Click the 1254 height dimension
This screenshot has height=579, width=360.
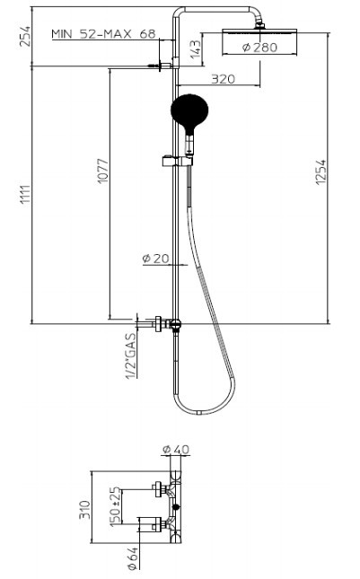point(320,172)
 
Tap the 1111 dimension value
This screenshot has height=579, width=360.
point(25,196)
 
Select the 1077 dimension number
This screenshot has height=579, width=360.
point(103,171)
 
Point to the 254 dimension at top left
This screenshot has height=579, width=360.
point(25,36)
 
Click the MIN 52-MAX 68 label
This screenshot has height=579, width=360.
point(104,34)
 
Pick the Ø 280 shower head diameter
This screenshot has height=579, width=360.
point(259,48)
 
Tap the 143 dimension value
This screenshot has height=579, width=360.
point(196,48)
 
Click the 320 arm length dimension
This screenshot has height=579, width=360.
point(223,79)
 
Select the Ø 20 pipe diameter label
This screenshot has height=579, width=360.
point(155,259)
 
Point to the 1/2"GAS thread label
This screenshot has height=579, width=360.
point(131,355)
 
